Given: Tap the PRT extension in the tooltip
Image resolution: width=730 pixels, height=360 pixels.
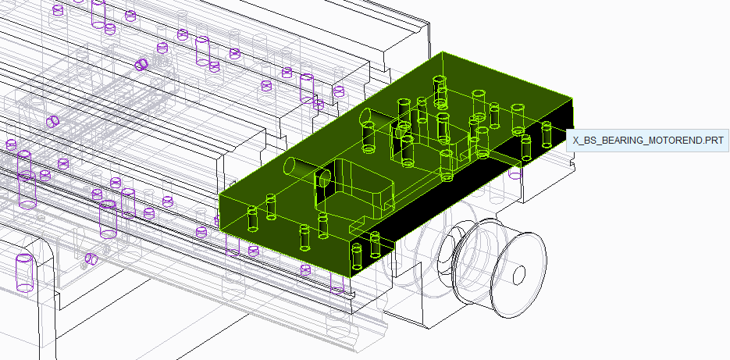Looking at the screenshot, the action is [x=717, y=141].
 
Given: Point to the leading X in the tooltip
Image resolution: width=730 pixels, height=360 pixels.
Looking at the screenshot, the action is [x=575, y=141].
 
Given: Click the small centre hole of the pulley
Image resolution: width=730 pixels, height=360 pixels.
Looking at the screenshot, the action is [x=518, y=274].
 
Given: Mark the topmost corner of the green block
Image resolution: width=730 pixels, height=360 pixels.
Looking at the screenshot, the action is [x=442, y=52].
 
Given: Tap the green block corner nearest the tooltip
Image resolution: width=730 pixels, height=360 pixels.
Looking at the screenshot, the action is [x=572, y=98].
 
